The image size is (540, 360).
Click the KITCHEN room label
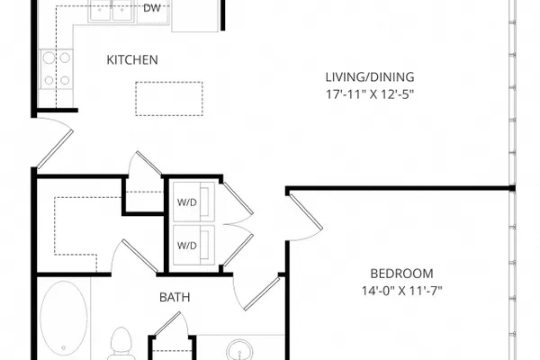pos(132,60)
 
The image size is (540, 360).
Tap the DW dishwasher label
pos(152,8)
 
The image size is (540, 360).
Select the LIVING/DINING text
pos(370,76)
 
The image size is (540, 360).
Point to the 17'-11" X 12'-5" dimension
pos(370,94)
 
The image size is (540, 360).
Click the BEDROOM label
pos(401,274)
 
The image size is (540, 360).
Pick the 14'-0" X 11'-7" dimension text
pos(401,291)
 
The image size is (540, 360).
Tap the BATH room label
pos(175,297)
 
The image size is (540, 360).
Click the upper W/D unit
pos(193,202)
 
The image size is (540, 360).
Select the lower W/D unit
pos(193,245)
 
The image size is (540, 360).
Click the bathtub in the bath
pos(64,318)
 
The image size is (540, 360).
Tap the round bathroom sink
pos(240,351)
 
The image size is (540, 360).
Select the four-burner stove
pos(57,69)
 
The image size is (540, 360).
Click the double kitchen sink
pos(111,11)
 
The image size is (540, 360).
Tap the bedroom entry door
pos(306,211)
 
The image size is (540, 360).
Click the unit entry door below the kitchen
pos(55,149)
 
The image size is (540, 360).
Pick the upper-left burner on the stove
pos(49,58)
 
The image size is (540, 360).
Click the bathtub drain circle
pos(63,348)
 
